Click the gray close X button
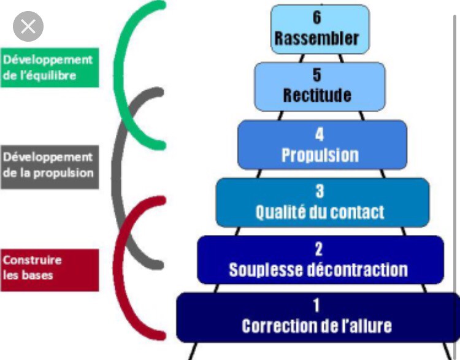click(x=28, y=26)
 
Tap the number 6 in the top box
click(x=317, y=17)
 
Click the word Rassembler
click(x=317, y=38)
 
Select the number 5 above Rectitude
click(x=317, y=75)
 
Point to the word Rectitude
click(x=317, y=95)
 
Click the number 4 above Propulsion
click(x=320, y=134)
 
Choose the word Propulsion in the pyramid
click(x=320, y=155)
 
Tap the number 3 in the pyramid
click(x=320, y=191)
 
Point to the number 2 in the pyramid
click(x=318, y=249)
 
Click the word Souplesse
click(x=266, y=270)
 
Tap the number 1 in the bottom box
click(x=316, y=305)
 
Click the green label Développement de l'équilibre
click(x=50, y=67)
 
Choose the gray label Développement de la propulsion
click(x=50, y=167)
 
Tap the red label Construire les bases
click(x=50, y=270)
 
